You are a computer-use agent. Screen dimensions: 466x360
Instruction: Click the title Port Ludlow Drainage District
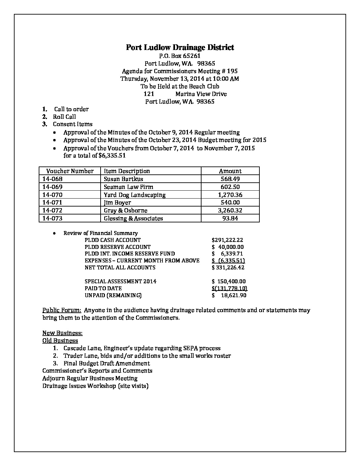[180, 47]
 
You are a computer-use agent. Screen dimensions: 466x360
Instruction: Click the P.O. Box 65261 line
[180, 56]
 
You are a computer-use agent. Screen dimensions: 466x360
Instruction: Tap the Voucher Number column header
[70, 171]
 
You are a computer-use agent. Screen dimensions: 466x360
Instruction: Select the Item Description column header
[127, 171]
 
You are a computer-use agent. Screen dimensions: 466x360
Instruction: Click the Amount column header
[230, 171]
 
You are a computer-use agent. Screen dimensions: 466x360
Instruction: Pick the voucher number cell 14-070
[52, 195]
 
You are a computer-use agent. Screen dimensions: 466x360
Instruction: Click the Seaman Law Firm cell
[128, 187]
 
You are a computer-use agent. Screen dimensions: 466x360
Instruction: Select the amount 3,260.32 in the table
[230, 210]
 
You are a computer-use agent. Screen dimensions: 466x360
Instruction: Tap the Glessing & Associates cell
[133, 218]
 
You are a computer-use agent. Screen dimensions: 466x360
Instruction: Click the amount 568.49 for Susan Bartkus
[230, 179]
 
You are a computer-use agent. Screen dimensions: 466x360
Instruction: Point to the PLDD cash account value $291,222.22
[227, 240]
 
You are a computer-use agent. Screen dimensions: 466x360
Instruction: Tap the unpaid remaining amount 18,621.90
[233, 295]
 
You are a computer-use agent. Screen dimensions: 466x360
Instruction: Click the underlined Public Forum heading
[62, 310]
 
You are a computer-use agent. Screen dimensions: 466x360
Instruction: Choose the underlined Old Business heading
[60, 341]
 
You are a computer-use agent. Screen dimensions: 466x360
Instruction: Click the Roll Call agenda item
[65, 117]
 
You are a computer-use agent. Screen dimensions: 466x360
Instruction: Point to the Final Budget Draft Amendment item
[107, 363]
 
